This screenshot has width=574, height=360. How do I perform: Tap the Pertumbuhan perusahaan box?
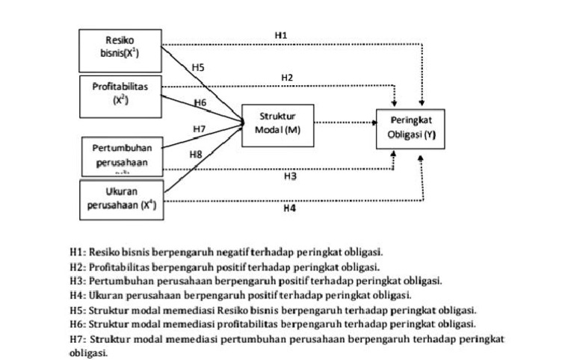click(121, 155)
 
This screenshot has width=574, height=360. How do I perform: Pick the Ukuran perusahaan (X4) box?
click(121, 198)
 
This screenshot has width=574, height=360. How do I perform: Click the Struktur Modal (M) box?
click(277, 122)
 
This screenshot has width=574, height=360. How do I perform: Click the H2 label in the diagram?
click(287, 77)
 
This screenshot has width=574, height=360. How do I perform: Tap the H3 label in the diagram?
click(290, 177)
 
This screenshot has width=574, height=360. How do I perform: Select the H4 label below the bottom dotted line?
click(290, 209)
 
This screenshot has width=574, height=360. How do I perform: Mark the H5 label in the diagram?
click(197, 67)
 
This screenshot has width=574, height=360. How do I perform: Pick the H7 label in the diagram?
click(200, 129)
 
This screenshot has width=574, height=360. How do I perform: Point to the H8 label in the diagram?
click(196, 154)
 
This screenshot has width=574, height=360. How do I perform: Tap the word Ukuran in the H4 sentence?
click(104, 295)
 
